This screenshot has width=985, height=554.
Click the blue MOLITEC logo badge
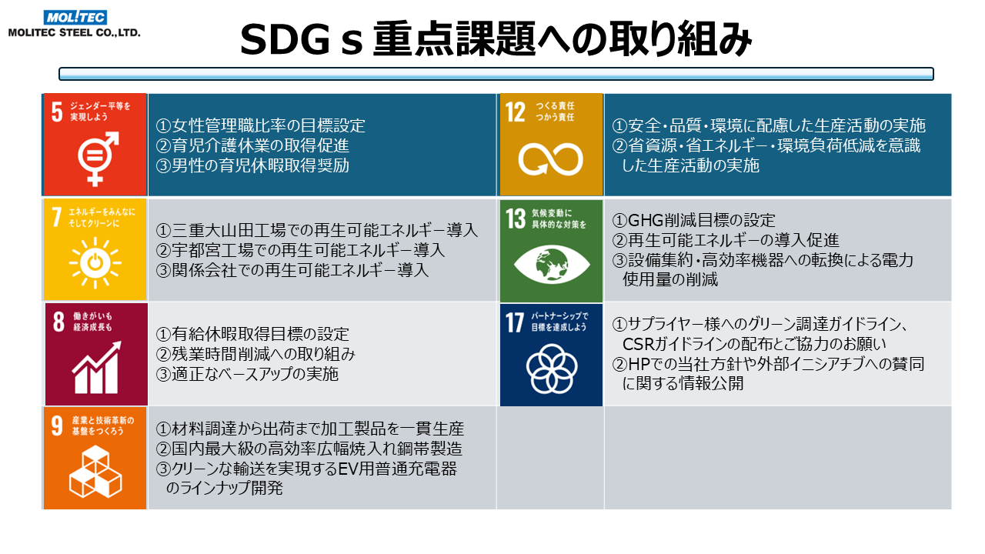click(x=75, y=17)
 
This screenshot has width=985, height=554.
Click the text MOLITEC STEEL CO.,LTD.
click(x=75, y=32)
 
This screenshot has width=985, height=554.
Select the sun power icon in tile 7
click(x=95, y=263)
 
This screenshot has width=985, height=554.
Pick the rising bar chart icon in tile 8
click(x=97, y=368)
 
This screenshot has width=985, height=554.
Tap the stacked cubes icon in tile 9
click(x=95, y=472)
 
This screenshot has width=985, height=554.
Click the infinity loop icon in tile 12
click(x=550, y=159)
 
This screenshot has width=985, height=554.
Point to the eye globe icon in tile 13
click(x=552, y=264)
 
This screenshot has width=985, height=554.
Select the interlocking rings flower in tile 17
click(x=552, y=369)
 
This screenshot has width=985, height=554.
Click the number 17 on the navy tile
click(x=515, y=322)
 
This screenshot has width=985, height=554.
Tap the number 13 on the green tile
click(x=516, y=219)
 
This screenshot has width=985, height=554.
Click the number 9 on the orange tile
click(x=57, y=426)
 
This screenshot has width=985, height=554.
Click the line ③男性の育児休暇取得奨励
click(x=252, y=165)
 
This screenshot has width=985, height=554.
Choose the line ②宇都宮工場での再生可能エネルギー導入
click(x=300, y=250)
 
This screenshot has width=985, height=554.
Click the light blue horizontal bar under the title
click(x=496, y=74)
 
